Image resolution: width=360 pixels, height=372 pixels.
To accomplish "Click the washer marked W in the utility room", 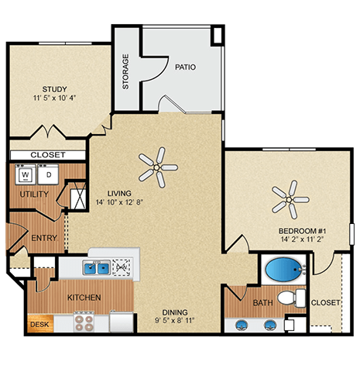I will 22,175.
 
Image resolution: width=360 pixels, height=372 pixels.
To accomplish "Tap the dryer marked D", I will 47,175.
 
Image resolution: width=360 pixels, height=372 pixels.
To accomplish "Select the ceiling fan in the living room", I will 158,166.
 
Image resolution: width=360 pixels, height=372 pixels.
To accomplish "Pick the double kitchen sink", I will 97,269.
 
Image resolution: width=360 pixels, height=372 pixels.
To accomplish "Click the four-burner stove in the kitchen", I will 83,320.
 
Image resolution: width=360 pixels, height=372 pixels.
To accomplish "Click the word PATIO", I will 184,67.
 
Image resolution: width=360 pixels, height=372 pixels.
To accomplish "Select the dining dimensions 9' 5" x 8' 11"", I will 173,318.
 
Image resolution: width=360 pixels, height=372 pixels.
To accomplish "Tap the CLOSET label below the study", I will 48,155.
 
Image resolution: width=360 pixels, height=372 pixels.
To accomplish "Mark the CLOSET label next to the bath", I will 325,303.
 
